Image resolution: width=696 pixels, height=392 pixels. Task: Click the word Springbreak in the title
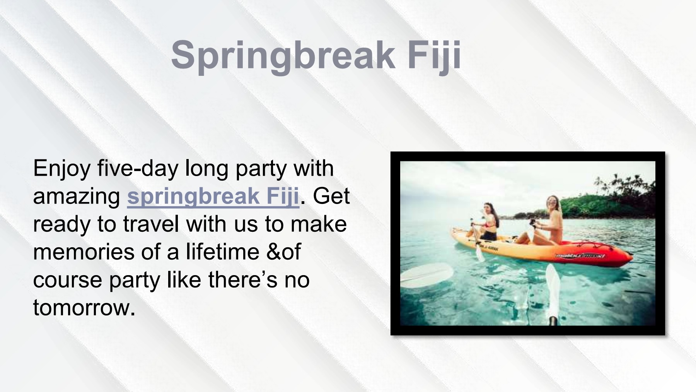(282, 55)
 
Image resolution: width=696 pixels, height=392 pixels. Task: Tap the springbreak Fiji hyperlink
(213, 196)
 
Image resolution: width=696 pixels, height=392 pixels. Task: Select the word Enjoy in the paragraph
(62, 168)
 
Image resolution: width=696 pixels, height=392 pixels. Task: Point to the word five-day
(138, 168)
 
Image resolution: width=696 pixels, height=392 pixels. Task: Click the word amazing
(77, 196)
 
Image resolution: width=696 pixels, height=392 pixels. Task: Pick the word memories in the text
(84, 252)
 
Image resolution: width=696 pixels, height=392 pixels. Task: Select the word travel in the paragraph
(151, 224)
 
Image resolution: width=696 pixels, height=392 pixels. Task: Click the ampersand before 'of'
(273, 252)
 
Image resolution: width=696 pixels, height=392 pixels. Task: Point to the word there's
(243, 280)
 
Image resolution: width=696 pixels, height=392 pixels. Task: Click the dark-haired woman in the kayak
(489, 223)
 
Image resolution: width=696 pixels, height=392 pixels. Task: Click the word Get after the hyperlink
(331, 196)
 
